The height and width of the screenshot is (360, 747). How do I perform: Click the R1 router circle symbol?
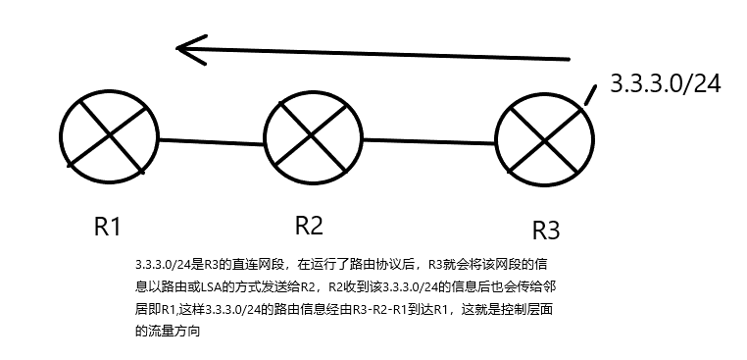tap(109, 138)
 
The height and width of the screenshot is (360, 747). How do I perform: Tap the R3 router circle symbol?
tap(542, 145)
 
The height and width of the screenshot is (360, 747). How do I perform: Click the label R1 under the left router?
tap(107, 227)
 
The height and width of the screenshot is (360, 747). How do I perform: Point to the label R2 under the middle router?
tap(309, 226)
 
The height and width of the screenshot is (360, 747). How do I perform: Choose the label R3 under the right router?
tap(545, 231)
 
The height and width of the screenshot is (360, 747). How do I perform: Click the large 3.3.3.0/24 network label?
tap(666, 84)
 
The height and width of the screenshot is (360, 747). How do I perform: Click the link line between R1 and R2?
tap(211, 141)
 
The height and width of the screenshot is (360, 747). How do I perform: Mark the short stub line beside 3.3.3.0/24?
tap(590, 93)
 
